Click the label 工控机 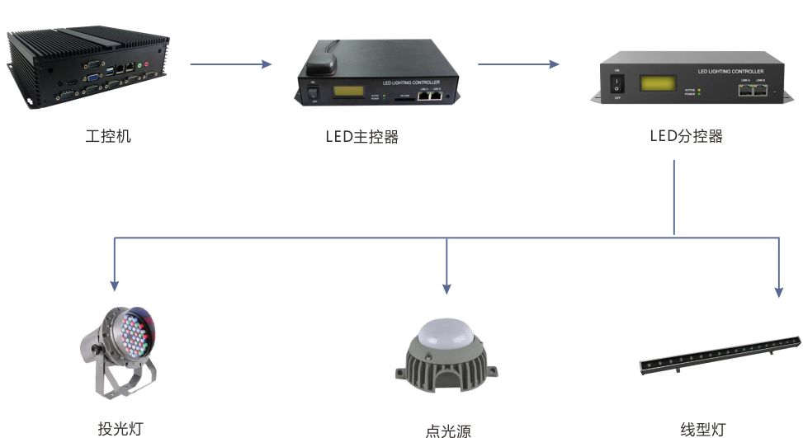[x=108, y=136]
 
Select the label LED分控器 [x=686, y=136]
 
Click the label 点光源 [x=447, y=430]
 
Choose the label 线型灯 [x=702, y=428]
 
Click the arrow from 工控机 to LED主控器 [x=230, y=64]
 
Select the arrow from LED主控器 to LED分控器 [x=518, y=64]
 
